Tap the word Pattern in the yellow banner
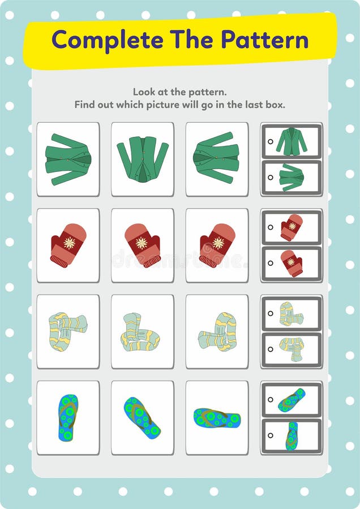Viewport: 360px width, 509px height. (x=264, y=40)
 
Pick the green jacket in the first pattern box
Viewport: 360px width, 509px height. (x=68, y=159)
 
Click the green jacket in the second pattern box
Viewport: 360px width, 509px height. (x=143, y=160)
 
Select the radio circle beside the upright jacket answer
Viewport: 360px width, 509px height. (x=271, y=142)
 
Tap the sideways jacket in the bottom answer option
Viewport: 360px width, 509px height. (x=292, y=178)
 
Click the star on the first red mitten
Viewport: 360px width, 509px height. (x=69, y=243)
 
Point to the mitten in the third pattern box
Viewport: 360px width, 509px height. (x=217, y=245)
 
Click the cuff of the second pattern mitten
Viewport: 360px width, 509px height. (x=152, y=261)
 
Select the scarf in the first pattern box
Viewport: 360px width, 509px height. (x=67, y=331)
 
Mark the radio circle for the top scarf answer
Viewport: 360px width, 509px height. (x=271, y=313)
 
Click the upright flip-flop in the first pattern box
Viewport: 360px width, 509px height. (x=68, y=417)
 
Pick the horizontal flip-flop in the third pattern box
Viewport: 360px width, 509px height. (x=217, y=418)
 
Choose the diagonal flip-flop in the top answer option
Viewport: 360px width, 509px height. (x=292, y=400)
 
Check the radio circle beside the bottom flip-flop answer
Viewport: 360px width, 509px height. (x=271, y=435)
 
